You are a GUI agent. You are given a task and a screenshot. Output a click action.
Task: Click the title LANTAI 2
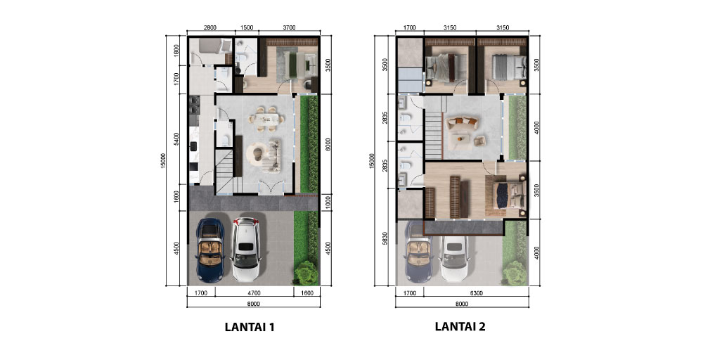click(x=460, y=327)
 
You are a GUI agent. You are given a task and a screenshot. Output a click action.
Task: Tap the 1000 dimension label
click(x=328, y=202)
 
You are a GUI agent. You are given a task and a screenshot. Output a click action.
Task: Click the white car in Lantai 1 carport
click(x=246, y=250)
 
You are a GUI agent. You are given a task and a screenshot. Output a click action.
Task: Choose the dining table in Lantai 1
click(x=268, y=118)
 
